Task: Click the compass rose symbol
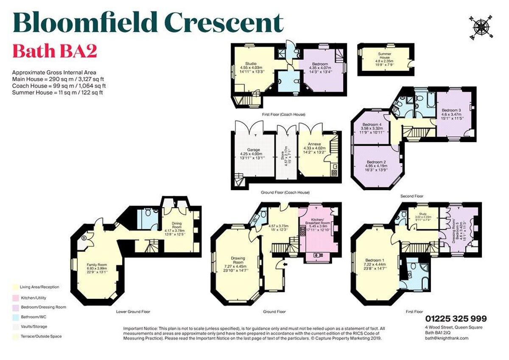[x=481, y=27]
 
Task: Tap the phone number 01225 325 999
[x=456, y=319]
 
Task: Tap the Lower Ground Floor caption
[x=133, y=312]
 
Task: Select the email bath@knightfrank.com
[x=447, y=338]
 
